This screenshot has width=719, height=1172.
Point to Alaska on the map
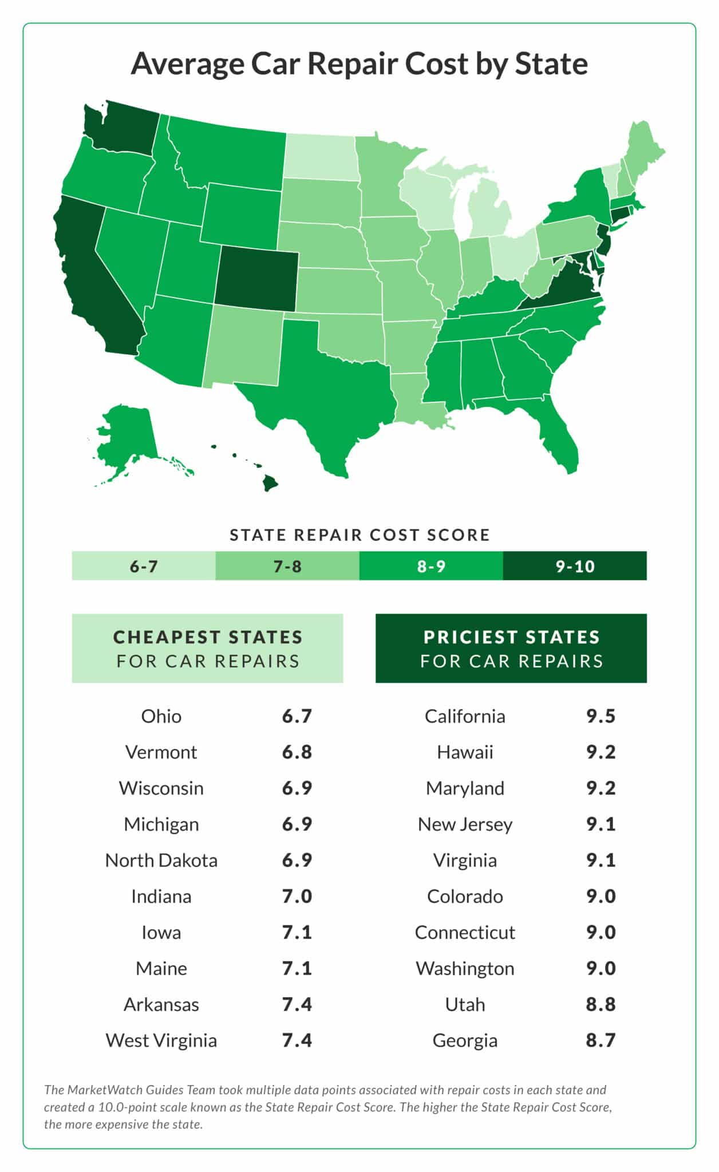pos(129,438)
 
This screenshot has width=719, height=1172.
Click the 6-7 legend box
pos(144,566)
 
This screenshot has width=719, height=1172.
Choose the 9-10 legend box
pos(575,566)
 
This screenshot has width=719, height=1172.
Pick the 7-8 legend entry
pos(287,566)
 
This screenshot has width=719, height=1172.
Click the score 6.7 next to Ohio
pos(297,716)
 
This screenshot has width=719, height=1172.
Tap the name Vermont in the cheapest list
pos(161,752)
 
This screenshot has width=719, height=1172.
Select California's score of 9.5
pos(601,716)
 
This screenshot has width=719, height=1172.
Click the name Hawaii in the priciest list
pos(465,752)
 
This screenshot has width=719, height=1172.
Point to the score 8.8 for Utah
pos(601,1004)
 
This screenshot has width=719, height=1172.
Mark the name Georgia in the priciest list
pos(465,1040)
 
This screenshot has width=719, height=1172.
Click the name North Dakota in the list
pos(161,860)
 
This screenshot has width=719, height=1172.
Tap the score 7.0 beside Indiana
pos(297,896)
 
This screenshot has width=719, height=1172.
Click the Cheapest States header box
pos(207,648)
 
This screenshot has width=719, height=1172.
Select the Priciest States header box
pos(511,648)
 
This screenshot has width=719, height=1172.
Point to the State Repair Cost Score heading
pos(359,535)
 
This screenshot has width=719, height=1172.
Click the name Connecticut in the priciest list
pos(465,932)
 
